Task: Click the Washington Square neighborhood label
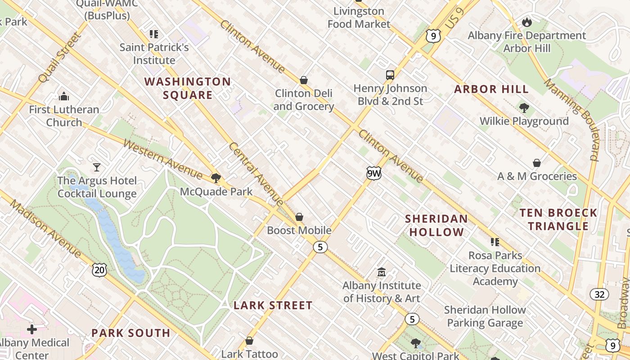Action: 187,88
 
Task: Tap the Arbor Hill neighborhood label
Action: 491,89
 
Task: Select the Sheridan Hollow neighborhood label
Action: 436,225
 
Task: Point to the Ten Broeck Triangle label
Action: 558,219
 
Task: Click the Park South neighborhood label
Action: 131,333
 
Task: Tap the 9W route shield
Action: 373,173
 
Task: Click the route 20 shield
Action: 99,270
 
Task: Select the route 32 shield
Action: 599,294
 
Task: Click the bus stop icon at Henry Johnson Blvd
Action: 390,75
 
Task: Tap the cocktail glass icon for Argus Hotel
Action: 97,167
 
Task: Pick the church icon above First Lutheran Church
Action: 64,96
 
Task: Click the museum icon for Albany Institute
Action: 382,272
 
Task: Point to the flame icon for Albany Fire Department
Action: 526,22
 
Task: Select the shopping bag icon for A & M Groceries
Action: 537,163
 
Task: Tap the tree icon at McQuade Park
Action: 216,178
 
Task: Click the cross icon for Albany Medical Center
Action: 32,329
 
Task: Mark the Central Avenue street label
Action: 255,174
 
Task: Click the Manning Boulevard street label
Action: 572,120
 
